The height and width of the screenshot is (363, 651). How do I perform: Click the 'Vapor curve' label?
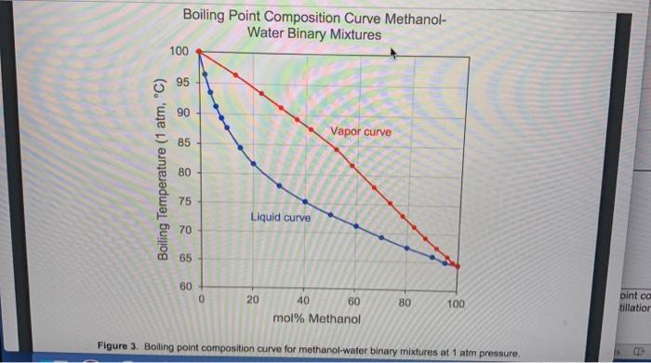(x=361, y=132)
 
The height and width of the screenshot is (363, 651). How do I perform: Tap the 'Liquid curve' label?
(x=280, y=218)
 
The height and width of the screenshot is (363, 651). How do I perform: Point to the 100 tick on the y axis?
(x=179, y=50)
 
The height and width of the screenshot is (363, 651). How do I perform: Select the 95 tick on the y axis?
(x=181, y=82)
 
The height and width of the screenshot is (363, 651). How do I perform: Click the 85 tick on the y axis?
(x=181, y=142)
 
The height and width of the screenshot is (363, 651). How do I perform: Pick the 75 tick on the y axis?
(x=181, y=201)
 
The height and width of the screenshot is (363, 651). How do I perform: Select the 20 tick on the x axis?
(x=253, y=301)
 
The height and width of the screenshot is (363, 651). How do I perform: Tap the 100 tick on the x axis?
(x=455, y=304)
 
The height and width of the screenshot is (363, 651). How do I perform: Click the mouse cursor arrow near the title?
(x=394, y=55)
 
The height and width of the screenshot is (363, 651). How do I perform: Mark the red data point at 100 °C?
(x=199, y=52)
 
